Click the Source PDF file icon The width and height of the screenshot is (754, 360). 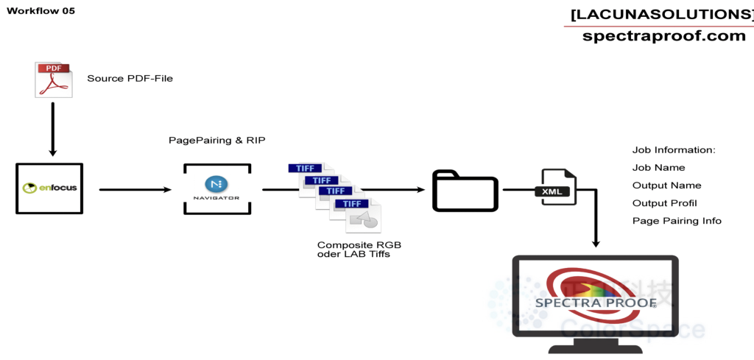tap(53, 80)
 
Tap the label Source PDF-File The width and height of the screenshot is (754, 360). tap(130, 78)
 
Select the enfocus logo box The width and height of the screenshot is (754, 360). tap(49, 188)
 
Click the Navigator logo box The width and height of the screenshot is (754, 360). tap(217, 188)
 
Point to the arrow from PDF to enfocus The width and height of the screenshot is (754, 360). tap(53, 129)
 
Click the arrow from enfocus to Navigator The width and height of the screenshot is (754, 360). tap(135, 190)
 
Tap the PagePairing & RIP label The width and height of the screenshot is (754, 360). tap(217, 141)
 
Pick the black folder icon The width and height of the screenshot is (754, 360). tap(465, 191)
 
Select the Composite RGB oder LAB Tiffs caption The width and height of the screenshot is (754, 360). tap(359, 250)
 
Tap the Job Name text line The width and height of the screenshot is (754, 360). tap(659, 168)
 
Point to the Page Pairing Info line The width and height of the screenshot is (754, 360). tap(677, 221)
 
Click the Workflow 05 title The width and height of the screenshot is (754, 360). tap(41, 10)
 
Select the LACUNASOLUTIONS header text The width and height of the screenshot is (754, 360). tap(662, 15)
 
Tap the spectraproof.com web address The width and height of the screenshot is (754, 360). tap(663, 35)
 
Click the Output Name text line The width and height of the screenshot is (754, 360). tap(666, 186)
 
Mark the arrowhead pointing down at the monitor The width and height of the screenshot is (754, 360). tap(596, 244)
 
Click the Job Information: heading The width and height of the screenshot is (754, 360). tap(674, 150)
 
